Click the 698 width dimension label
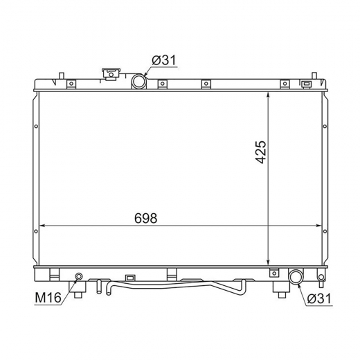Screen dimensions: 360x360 [x=145, y=218]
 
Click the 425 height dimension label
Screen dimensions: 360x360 [x=261, y=152]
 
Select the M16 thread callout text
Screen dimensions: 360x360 [x=48, y=297]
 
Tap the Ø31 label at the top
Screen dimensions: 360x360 [x=164, y=60]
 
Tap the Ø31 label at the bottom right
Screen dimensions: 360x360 [x=319, y=298]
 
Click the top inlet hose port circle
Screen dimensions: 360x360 [x=139, y=81]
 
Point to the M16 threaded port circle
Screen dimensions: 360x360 [x=79, y=276]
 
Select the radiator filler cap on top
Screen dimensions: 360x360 [x=111, y=74]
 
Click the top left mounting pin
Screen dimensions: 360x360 [x=62, y=75]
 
